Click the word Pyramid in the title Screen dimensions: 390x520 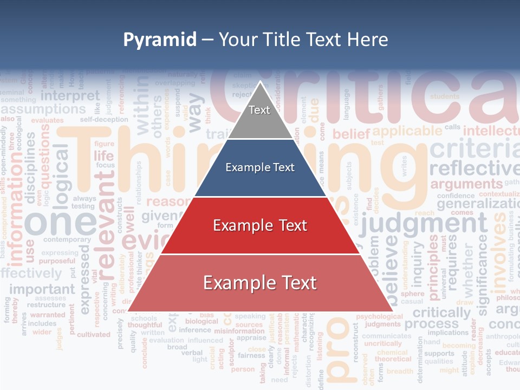[x=159, y=40]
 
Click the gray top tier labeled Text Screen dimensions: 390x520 [x=259, y=111]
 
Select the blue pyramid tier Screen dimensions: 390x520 [x=260, y=168]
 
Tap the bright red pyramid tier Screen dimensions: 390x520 [x=260, y=225]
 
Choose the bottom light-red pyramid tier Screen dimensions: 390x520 [x=260, y=283]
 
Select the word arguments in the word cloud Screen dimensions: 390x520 [x=466, y=184]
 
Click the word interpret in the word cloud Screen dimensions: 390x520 [x=70, y=96]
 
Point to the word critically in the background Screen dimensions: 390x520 [x=441, y=313]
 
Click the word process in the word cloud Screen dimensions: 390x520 [x=432, y=324]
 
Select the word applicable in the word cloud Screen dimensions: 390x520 [x=407, y=131]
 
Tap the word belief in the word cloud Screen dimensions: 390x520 [x=350, y=134]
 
